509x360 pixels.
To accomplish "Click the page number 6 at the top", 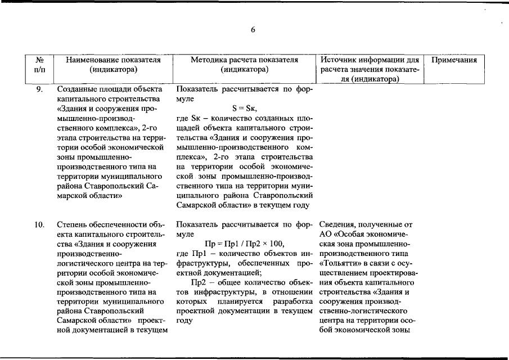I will [x=253, y=30].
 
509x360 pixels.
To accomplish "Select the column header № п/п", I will [x=40, y=64].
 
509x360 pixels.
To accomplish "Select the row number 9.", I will [x=40, y=89].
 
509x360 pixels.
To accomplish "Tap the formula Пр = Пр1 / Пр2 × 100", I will [x=244, y=243].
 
